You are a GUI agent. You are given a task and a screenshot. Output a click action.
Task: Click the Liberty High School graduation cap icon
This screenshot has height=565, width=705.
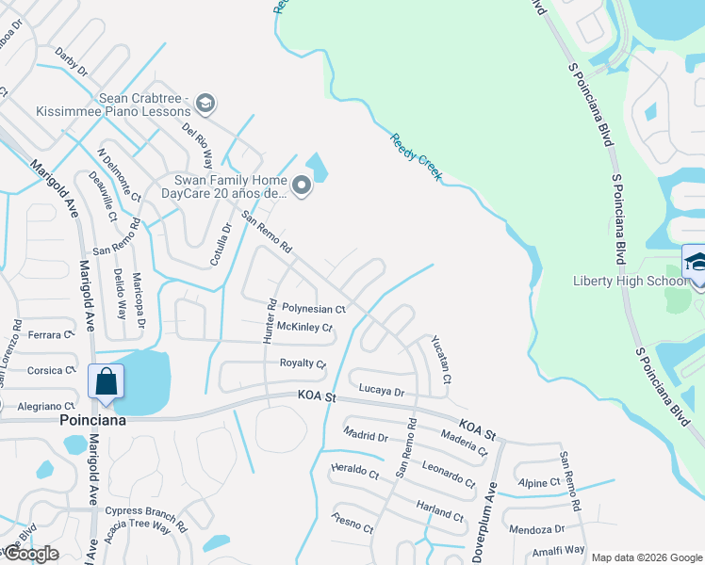[x=697, y=261]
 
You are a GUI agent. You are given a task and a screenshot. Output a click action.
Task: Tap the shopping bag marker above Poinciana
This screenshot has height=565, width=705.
[x=106, y=381]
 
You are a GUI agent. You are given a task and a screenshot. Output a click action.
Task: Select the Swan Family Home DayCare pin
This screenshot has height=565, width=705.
[x=302, y=186]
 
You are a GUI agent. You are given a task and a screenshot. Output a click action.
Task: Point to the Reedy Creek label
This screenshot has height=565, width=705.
[x=416, y=156]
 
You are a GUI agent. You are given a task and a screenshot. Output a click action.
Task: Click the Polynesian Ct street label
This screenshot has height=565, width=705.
[x=315, y=309]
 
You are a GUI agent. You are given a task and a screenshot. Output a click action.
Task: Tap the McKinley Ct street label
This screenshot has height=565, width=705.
[x=304, y=328]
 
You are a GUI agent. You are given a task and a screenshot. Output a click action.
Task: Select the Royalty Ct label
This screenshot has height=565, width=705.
[x=303, y=363]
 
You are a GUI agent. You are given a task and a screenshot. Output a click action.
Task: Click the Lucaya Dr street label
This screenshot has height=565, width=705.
[x=381, y=390]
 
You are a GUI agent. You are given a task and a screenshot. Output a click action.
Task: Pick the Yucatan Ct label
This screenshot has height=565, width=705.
[x=441, y=361]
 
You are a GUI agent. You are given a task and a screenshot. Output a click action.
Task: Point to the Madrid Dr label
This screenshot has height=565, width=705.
[x=366, y=436]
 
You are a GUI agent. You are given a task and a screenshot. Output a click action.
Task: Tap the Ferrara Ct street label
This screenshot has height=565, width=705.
[x=50, y=335]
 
